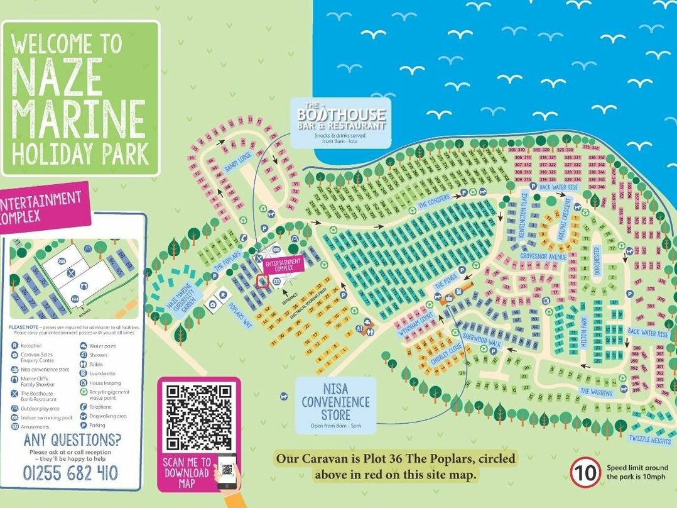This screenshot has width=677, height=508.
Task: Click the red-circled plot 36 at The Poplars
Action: pos(263,282)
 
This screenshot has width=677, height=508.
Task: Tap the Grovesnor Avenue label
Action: pos(543,257)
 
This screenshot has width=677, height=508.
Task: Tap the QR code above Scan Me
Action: pos(198,416)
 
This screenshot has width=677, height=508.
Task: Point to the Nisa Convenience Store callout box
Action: pos(335,405)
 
